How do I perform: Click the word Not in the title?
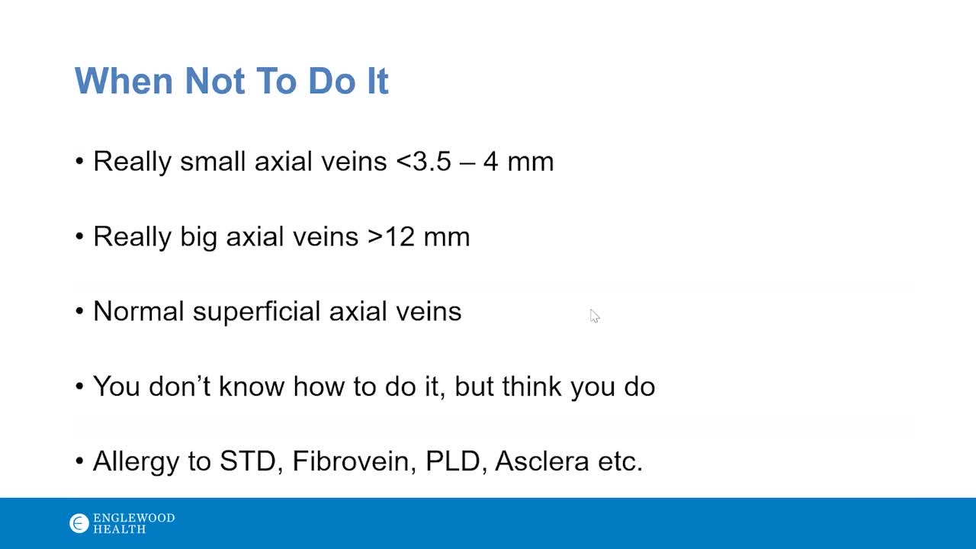point(214,81)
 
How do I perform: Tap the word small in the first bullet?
point(213,161)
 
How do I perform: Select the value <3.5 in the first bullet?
point(423,161)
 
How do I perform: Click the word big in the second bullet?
point(198,237)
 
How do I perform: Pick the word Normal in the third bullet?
point(139,312)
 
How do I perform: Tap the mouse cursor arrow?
point(595,316)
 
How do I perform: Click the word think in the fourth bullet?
point(531,386)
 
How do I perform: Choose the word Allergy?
point(136,462)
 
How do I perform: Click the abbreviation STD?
point(248,461)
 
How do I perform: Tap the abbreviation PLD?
point(453,461)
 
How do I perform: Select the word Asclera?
point(541,461)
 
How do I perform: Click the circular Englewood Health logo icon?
point(79,523)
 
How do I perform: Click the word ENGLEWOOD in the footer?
point(133,518)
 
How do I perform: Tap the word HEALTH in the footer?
point(120,529)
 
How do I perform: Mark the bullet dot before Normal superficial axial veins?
point(79,311)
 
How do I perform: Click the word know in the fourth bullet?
point(252,386)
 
